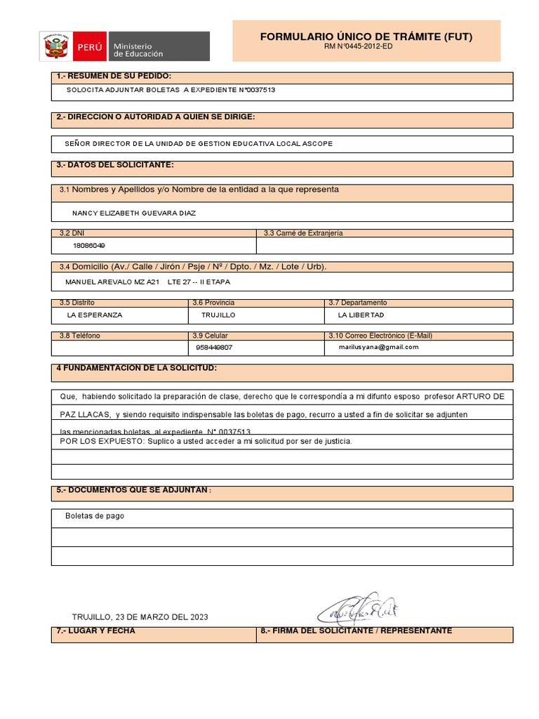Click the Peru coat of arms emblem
[54, 46]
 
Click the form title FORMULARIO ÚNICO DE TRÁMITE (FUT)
[366, 37]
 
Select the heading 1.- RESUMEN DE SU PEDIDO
[114, 76]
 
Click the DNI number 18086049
[89, 246]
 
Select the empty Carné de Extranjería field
[385, 246]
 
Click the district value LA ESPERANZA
[94, 315]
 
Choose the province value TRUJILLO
[218, 315]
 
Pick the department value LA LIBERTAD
[361, 315]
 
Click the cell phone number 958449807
[215, 347]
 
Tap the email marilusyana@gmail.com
[378, 347]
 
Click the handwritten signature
[359, 608]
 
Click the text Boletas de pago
[95, 516]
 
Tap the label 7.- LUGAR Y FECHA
[95, 631]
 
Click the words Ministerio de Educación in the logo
[138, 49]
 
